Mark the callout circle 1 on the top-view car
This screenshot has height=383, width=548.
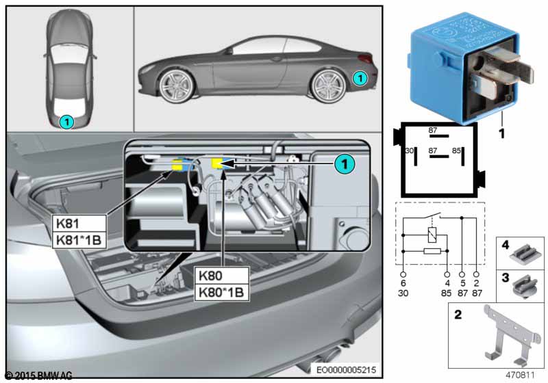pos(66,122)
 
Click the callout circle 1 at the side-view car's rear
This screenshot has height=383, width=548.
pos(360,79)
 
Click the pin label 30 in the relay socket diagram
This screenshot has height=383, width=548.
pos(408,150)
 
